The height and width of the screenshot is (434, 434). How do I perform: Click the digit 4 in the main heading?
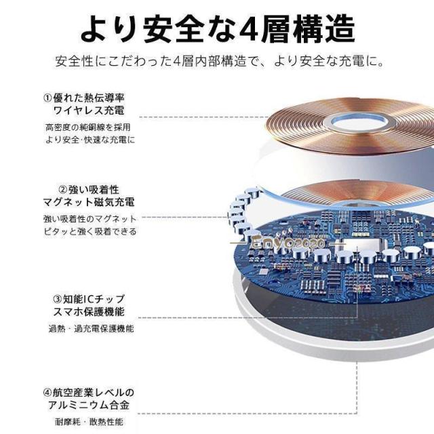pyautogui.click(x=249, y=29)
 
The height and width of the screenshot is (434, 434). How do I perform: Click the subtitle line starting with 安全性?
pyautogui.click(x=220, y=61)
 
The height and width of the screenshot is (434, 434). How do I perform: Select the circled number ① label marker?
pyautogui.click(x=47, y=98)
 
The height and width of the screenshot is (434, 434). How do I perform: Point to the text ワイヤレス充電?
pyautogui.click(x=89, y=111)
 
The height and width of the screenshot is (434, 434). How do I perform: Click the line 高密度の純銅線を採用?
pyautogui.click(x=88, y=127)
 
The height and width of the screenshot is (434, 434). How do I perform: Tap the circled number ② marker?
pyautogui.click(x=63, y=190)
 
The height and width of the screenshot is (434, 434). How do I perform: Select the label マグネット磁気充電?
pyautogui.click(x=89, y=202)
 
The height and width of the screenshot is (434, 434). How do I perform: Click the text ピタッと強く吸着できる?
pyautogui.click(x=90, y=231)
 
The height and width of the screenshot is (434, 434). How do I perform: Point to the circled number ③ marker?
pyautogui.click(x=57, y=299)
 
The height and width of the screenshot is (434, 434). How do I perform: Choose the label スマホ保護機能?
pyautogui.click(x=89, y=312)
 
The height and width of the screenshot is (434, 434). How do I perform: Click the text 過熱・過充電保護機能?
pyautogui.click(x=91, y=328)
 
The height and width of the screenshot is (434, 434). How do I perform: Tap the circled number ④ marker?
pyautogui.click(x=47, y=393)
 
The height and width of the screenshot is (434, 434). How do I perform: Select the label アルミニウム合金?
pyautogui.click(x=89, y=406)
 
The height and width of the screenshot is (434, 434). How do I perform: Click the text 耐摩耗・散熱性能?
pyautogui.click(x=89, y=422)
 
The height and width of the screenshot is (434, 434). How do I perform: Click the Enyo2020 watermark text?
pyautogui.click(x=288, y=243)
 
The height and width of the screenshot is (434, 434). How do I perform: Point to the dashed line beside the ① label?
pyautogui.click(x=204, y=117)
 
